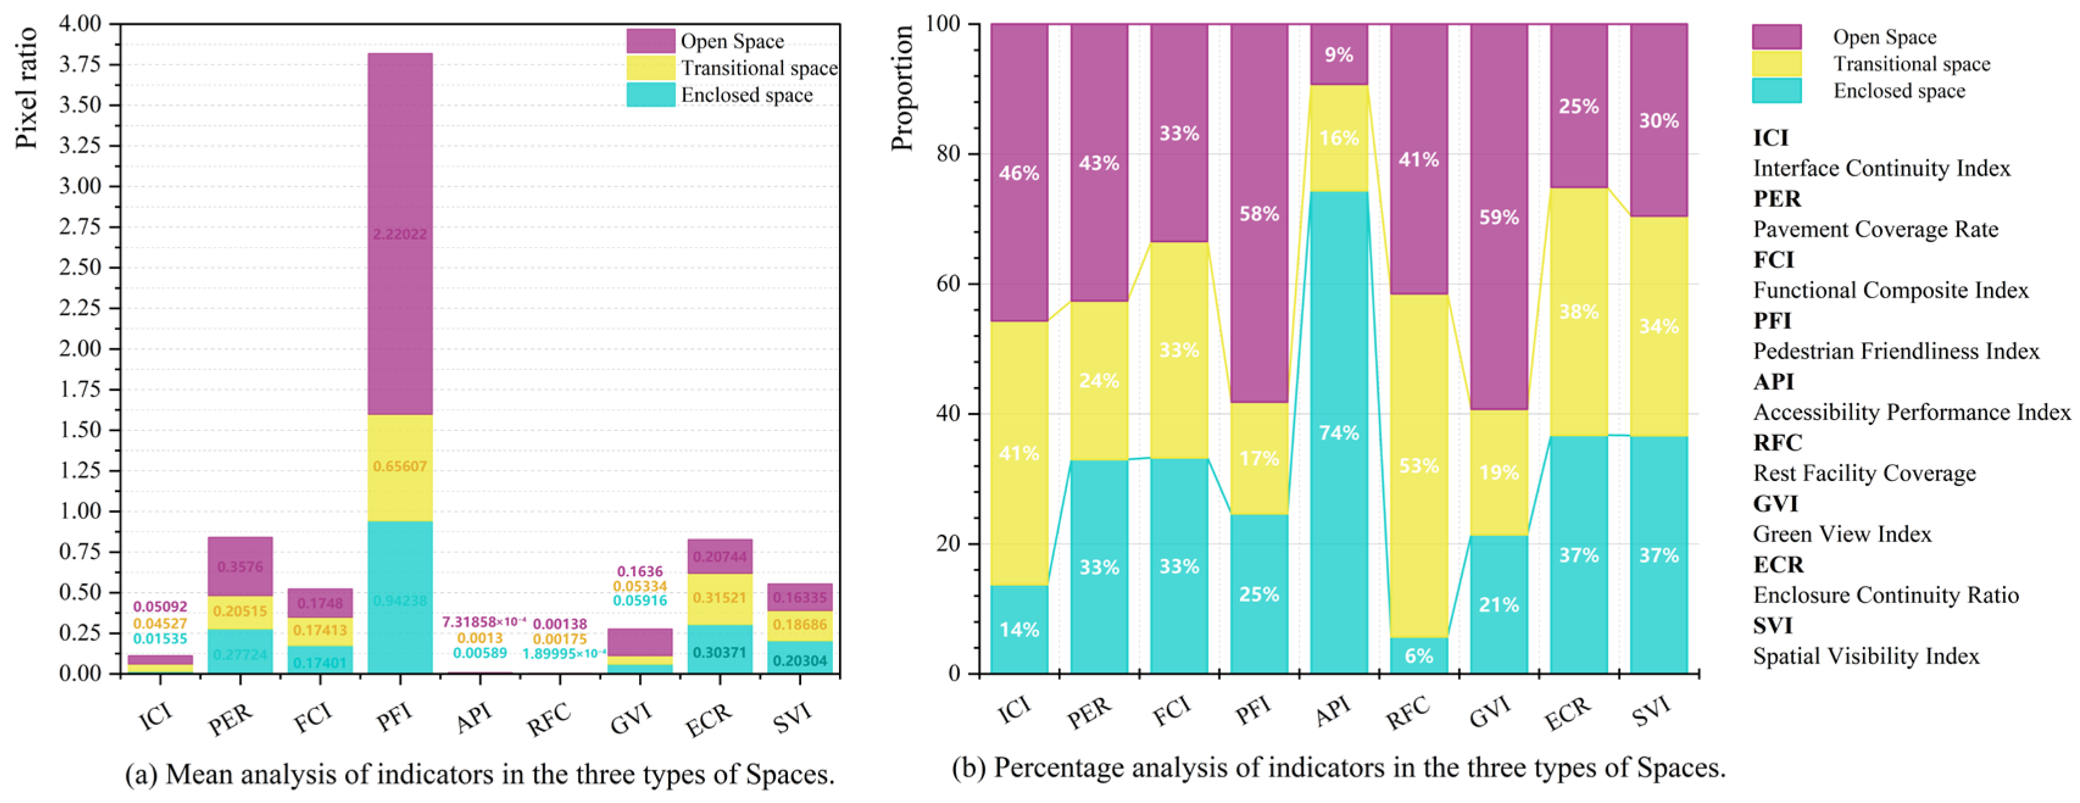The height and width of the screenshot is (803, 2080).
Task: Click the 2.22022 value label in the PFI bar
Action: tap(399, 234)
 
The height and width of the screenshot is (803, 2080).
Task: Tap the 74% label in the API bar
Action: tap(1338, 432)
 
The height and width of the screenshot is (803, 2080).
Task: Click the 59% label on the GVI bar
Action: tap(1499, 217)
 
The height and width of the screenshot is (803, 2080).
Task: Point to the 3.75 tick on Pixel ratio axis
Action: tap(80, 65)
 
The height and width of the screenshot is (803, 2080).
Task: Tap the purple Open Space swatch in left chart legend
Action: tap(650, 40)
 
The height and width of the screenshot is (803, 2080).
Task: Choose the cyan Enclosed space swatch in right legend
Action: tap(1776, 90)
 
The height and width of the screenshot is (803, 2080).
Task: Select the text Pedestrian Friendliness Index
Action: tap(1896, 351)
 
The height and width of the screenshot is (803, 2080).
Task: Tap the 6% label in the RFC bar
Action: tap(1419, 655)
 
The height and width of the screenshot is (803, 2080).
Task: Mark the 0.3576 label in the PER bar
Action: tap(240, 566)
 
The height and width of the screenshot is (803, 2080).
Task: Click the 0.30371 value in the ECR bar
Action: tap(720, 652)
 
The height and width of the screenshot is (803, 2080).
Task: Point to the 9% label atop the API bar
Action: tap(1338, 55)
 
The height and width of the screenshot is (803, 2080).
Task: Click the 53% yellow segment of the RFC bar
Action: tap(1419, 466)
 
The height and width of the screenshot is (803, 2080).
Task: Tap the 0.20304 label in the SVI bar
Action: tap(799, 661)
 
